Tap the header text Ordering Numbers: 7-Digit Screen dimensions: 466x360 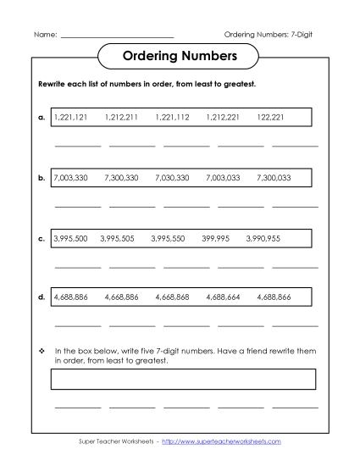coord(273,34)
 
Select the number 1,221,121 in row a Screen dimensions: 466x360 coord(70,118)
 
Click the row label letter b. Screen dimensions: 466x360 coord(42,179)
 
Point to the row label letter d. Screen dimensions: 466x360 coord(42,298)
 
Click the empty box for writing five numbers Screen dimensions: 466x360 coord(184,379)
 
